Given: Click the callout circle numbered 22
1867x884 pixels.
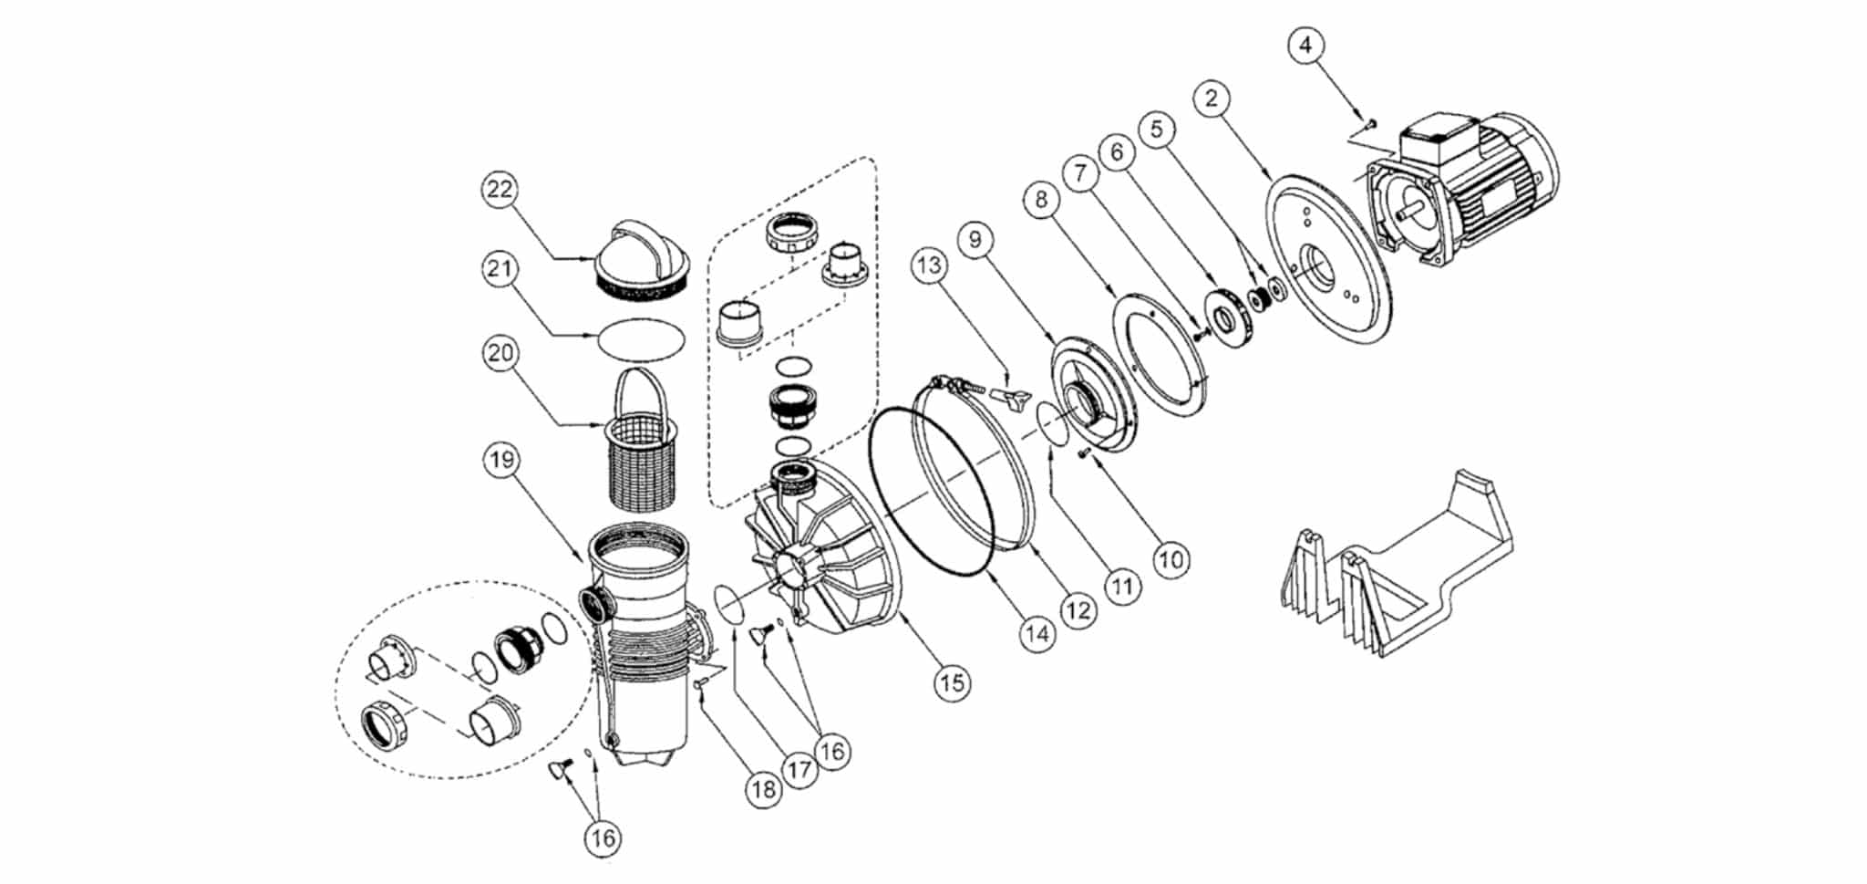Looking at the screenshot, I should (x=500, y=190).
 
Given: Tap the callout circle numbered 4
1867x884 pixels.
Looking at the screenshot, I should (x=1306, y=45).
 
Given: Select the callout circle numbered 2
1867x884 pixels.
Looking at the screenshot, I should (x=1212, y=99).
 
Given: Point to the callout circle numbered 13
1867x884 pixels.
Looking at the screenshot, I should (x=929, y=265).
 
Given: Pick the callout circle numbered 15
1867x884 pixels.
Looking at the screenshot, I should (x=952, y=682).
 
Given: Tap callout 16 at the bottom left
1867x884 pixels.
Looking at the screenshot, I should (x=603, y=837).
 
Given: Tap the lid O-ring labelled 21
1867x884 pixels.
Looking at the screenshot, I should (x=641, y=339).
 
